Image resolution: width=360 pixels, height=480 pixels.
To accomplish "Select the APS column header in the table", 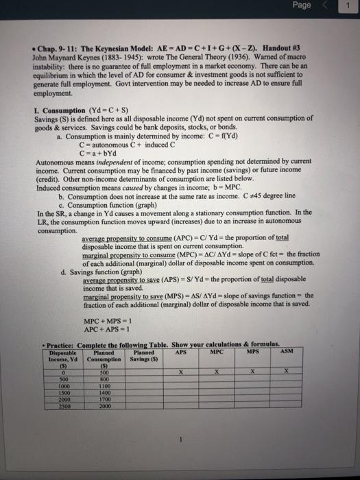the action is click(x=182, y=353).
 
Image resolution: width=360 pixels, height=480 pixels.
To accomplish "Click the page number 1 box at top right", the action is click(x=350, y=6).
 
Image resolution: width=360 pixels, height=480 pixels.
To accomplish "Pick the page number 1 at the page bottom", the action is click(x=178, y=442).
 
